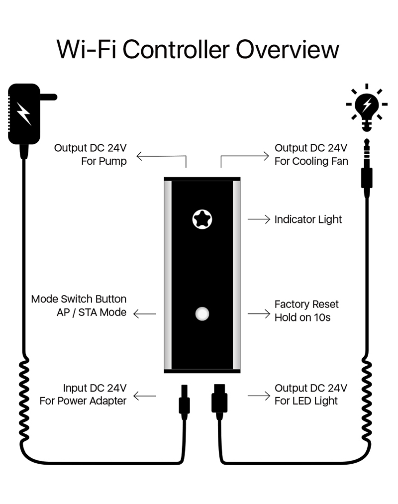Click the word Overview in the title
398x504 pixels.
287,50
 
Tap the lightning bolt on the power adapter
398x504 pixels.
23,114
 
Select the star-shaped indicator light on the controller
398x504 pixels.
202,219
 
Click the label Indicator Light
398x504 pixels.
308,219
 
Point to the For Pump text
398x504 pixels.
103,161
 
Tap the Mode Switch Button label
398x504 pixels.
79,299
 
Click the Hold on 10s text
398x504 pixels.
302,317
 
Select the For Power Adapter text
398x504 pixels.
83,401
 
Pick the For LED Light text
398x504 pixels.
306,401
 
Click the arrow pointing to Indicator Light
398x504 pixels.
259,219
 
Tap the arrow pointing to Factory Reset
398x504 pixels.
259,314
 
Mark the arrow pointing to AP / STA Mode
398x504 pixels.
145,314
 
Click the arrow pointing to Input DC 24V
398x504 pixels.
145,396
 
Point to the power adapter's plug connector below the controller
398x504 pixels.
184,401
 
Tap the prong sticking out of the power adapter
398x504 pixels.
48,97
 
